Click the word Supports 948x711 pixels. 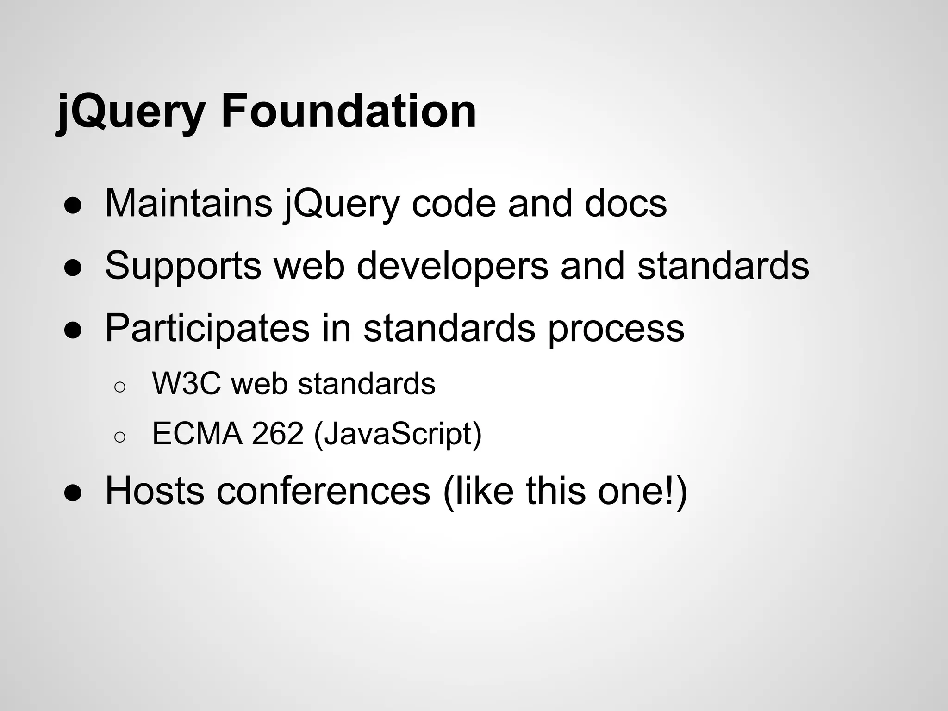coord(183,266)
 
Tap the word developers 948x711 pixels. coord(452,266)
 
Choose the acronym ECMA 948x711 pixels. coord(197,434)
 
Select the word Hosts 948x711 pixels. coord(155,491)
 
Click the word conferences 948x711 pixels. coord(324,491)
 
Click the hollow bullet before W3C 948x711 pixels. coord(119,387)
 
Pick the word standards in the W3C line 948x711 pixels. coord(367,384)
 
